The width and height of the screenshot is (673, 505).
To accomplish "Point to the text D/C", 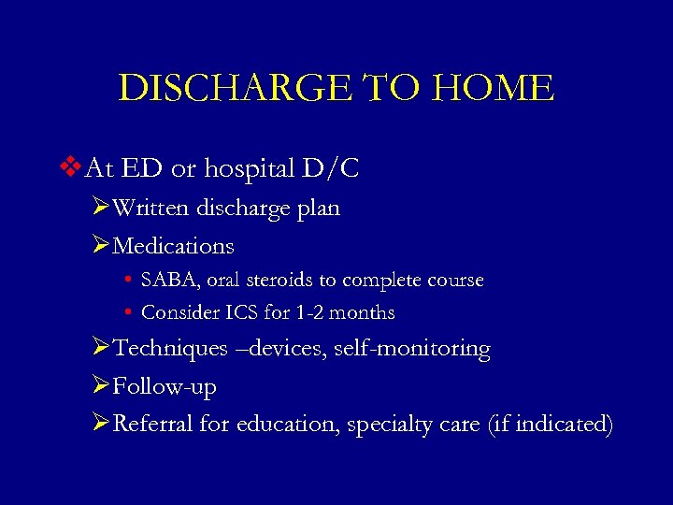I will pos(331,169).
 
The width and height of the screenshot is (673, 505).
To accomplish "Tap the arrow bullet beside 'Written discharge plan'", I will pos(102,208).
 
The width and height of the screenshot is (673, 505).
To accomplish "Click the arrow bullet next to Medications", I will pos(102,246).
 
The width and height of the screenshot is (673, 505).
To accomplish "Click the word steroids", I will pos(280,280).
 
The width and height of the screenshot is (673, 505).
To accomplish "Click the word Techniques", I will pos(169,349).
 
